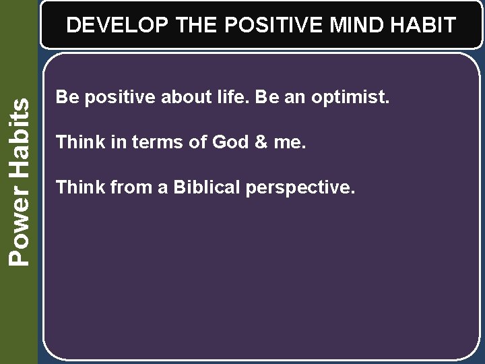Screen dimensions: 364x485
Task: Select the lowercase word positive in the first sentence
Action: click(118, 98)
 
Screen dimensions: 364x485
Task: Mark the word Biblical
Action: click(207, 187)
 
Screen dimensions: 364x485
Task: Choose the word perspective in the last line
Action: click(300, 188)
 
